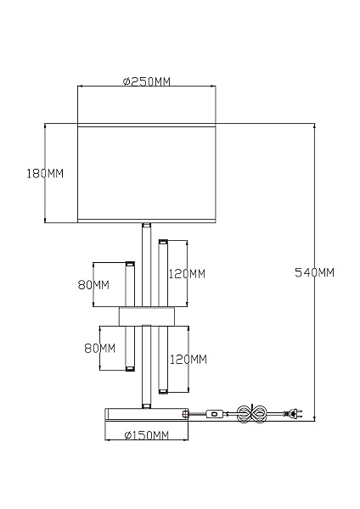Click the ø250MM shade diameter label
pyautogui.click(x=147, y=81)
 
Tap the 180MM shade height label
pyautogui.click(x=45, y=174)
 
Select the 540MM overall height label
pyautogui.click(x=314, y=272)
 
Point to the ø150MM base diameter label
pyautogui.click(x=147, y=435)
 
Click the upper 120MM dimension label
pyautogui.click(x=187, y=274)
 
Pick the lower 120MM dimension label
pyautogui.click(x=188, y=360)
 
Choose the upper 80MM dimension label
pyautogui.click(x=93, y=285)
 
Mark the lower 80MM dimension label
pyautogui.click(x=99, y=349)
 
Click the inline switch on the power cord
pyautogui.click(x=214, y=414)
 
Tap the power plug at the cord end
pyautogui.click(x=294, y=414)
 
